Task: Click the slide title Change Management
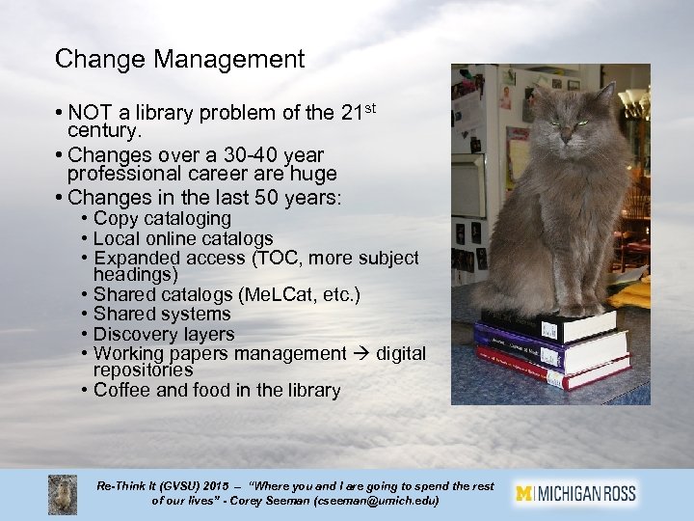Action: click(179, 60)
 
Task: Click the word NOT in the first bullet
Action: click(90, 114)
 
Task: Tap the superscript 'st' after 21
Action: click(371, 107)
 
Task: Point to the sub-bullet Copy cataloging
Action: click(162, 219)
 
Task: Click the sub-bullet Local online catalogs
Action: click(183, 238)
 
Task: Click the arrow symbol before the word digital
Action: click(361, 353)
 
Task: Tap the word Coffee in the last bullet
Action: click(123, 391)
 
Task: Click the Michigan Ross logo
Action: click(575, 493)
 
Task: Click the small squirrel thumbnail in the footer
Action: click(63, 493)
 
